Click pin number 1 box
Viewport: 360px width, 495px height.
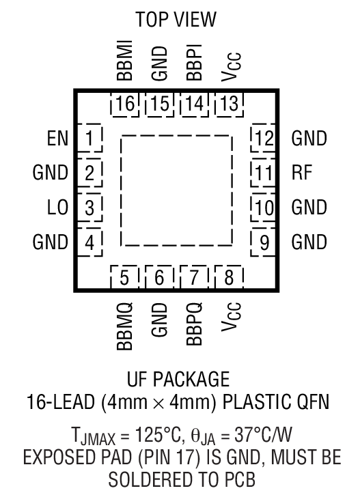89,140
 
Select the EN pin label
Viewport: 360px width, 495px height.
57,140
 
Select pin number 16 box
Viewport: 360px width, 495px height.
125,105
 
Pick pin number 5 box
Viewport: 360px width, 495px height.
125,278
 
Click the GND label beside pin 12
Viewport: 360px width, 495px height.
309,139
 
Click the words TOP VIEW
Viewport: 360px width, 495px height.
176,20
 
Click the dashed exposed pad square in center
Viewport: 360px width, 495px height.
177,190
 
